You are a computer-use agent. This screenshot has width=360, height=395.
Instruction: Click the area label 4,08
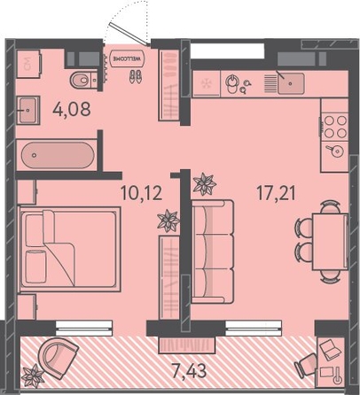(72, 109)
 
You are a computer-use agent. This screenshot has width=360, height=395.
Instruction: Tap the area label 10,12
(142, 193)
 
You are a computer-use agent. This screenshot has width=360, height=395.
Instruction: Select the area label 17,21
(277, 193)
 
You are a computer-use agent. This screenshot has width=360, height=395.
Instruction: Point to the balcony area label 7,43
(189, 371)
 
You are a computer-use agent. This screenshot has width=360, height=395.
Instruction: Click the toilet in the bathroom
(83, 80)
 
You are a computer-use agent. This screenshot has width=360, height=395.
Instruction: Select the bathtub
(58, 155)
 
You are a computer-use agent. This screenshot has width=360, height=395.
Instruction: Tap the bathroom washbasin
(28, 110)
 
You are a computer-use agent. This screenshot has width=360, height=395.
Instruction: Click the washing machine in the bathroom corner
(28, 64)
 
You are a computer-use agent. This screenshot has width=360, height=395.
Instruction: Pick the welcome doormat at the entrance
(128, 58)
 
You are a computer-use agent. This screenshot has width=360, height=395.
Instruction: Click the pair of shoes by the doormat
(136, 76)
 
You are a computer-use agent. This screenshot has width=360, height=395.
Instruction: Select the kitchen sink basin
(291, 83)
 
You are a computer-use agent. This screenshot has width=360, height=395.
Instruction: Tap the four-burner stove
(335, 127)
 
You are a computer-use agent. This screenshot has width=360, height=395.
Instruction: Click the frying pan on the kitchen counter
(335, 151)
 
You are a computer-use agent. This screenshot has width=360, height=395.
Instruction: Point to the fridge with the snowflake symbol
(207, 83)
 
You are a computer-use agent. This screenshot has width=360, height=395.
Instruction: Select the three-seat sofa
(213, 252)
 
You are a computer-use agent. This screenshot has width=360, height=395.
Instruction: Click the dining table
(331, 242)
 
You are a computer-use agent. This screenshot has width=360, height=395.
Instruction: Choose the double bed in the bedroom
(70, 250)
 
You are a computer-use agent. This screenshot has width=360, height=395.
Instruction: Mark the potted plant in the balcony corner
(33, 376)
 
